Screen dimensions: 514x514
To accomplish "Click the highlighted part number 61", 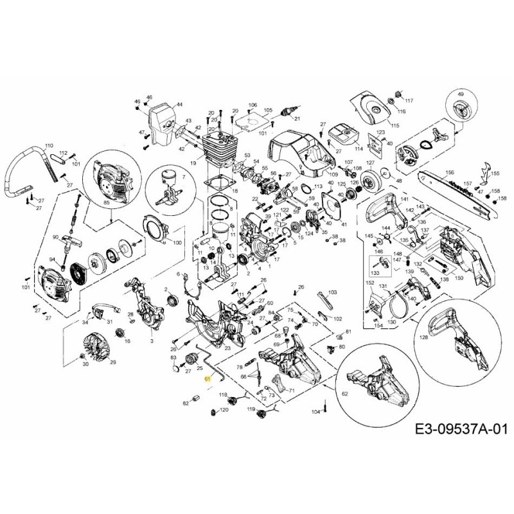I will pos(208,379).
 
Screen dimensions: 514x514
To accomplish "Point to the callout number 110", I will pos(49,145).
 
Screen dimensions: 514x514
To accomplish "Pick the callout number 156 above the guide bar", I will pos(450,173).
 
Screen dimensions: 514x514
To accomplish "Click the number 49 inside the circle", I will pos(460,94).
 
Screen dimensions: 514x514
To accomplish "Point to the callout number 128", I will pos(423,336).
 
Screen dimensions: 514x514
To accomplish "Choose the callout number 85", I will pos(106,204).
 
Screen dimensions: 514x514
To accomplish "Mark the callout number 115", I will pos(394,125).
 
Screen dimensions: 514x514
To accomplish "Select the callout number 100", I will pos(177,243).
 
